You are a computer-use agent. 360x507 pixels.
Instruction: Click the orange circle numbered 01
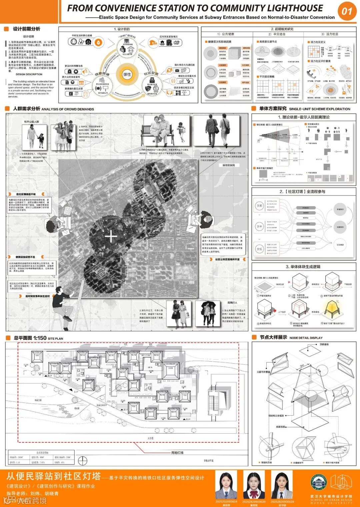347,11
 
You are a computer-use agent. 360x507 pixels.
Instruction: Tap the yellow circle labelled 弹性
127,74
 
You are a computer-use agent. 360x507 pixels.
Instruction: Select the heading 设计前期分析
26,29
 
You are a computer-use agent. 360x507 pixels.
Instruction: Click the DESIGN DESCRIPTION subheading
29,74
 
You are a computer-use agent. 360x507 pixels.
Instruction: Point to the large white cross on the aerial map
111,237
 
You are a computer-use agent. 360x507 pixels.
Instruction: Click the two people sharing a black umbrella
208,313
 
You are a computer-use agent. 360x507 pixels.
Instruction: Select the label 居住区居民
229,165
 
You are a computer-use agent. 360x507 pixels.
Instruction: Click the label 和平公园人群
31,122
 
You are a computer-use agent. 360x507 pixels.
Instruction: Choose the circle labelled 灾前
259,206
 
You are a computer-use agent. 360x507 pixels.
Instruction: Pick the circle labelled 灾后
259,249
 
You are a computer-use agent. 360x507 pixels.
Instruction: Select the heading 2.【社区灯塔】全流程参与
302,191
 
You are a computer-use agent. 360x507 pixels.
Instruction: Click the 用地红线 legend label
177,453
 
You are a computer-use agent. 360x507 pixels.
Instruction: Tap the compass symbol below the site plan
83,460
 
